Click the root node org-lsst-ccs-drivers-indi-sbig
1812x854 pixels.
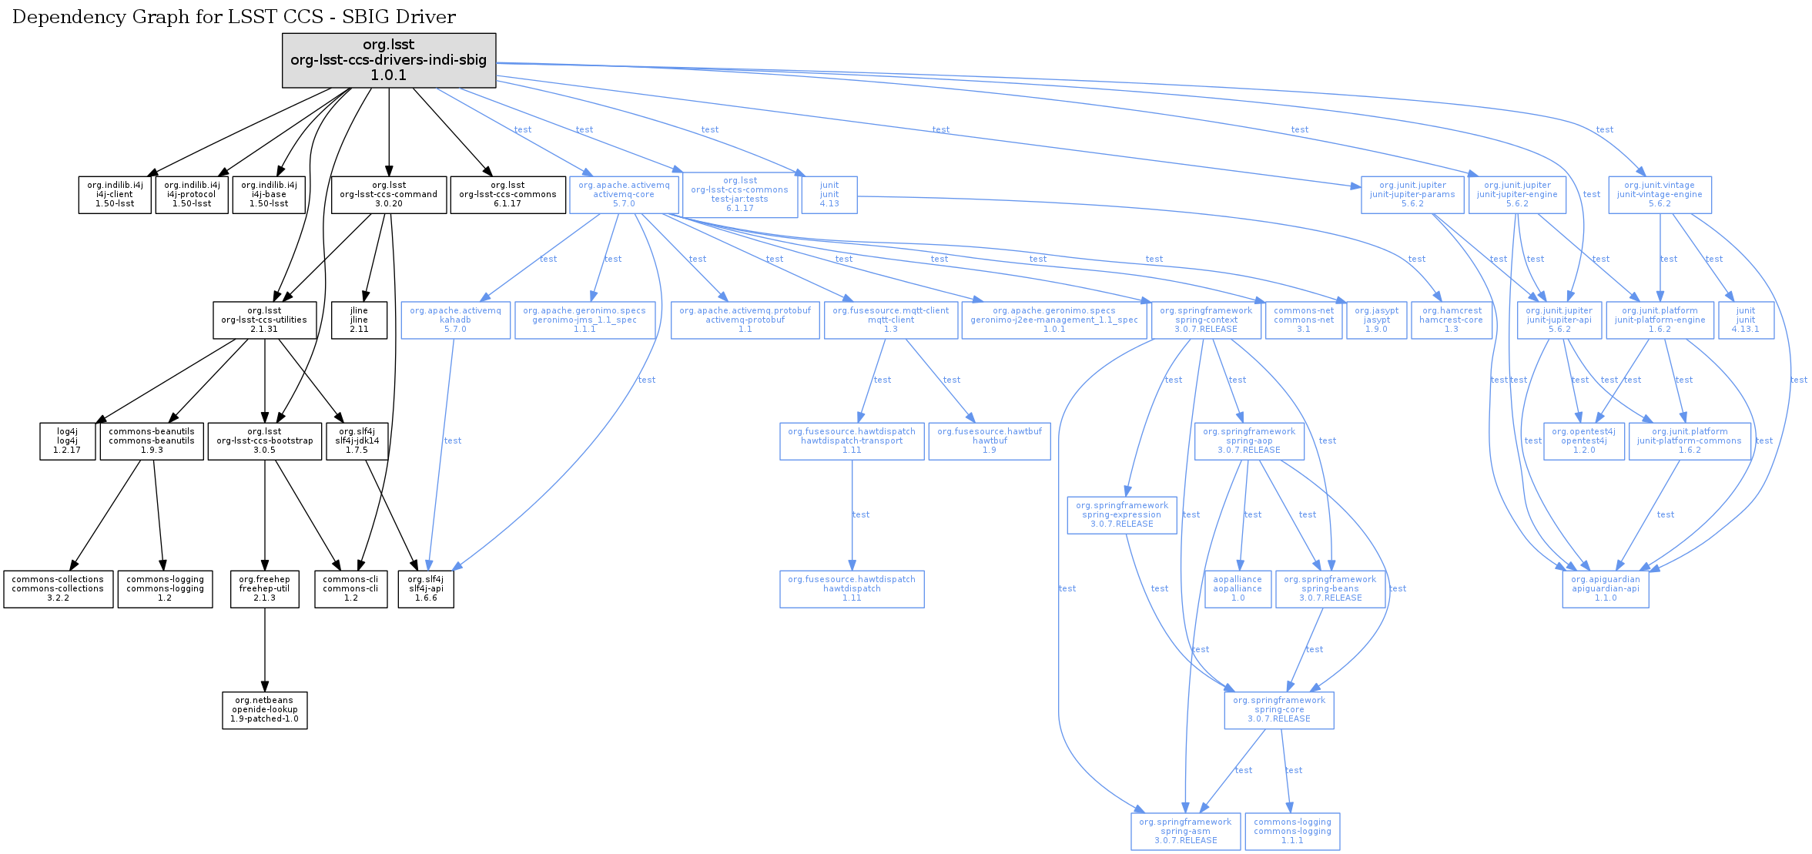(389, 60)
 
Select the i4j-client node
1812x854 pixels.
(115, 195)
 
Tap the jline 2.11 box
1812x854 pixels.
(359, 320)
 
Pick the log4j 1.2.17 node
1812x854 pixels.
(67, 441)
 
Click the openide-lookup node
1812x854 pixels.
(265, 710)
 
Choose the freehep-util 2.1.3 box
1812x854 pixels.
(265, 589)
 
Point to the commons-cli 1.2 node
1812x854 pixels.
(350, 589)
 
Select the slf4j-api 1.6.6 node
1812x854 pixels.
(426, 589)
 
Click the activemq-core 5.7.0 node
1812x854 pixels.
(624, 195)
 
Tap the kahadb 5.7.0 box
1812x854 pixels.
(455, 320)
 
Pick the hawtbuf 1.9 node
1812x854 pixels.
(990, 441)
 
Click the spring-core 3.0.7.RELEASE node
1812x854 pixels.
(1279, 710)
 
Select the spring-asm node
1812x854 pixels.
(1185, 832)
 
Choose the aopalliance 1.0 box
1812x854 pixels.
(1238, 589)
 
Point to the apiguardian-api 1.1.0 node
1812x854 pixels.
(1606, 589)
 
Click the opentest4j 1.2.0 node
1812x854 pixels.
(1584, 441)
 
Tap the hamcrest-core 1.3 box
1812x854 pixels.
(1452, 320)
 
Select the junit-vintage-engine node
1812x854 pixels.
(1660, 195)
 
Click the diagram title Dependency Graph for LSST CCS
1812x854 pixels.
(234, 17)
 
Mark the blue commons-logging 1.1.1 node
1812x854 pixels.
(1292, 832)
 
